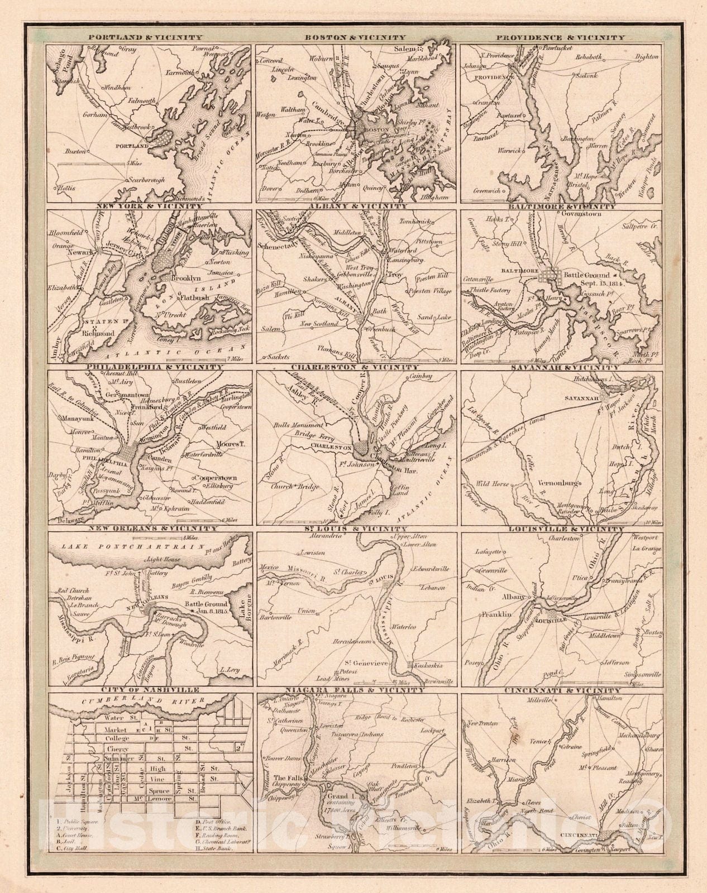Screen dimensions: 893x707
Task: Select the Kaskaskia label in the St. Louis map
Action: click(x=428, y=666)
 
